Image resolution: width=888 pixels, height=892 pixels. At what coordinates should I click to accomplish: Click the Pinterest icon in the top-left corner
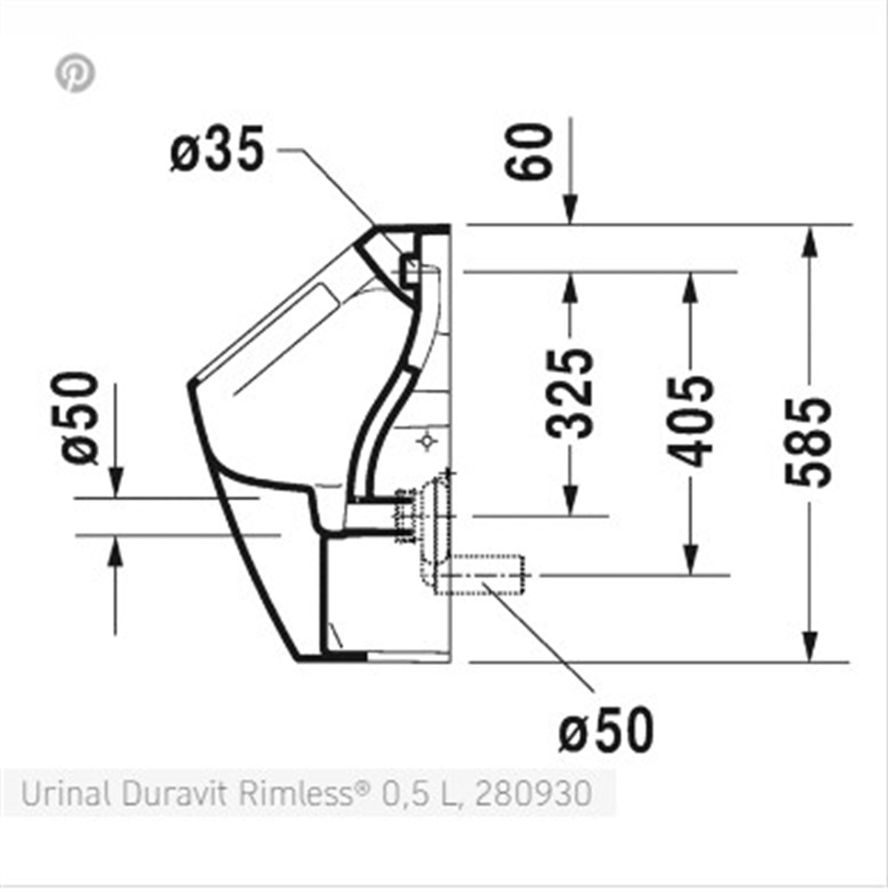click(75, 73)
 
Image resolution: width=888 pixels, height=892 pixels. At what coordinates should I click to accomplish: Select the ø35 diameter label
click(217, 150)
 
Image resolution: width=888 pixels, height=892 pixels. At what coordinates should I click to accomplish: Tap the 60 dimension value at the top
click(529, 152)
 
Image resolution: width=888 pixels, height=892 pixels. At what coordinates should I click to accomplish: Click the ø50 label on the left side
click(80, 418)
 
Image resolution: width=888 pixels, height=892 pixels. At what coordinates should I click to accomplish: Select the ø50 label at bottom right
click(606, 729)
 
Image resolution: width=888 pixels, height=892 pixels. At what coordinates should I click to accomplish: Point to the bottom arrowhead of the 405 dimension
click(690, 560)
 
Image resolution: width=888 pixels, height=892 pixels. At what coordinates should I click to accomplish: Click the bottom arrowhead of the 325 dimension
click(571, 501)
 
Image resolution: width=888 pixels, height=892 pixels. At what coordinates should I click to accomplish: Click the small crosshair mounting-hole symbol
click(427, 442)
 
